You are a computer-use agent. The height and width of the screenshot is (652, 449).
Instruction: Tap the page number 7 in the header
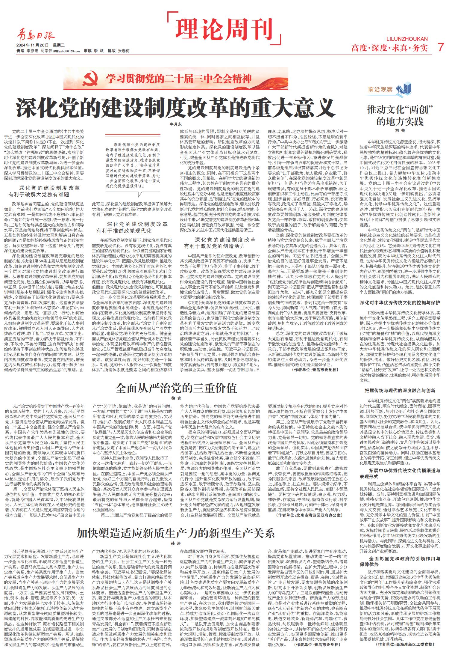(440, 47)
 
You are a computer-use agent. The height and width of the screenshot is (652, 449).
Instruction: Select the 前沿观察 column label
(380, 89)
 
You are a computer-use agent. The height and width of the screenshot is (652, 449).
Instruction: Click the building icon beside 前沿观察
(403, 89)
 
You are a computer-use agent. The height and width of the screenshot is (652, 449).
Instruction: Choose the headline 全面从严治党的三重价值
(176, 388)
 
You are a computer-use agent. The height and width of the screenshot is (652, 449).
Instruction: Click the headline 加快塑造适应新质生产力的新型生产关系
(175, 533)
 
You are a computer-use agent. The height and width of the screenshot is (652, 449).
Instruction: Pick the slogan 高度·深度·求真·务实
(389, 48)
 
